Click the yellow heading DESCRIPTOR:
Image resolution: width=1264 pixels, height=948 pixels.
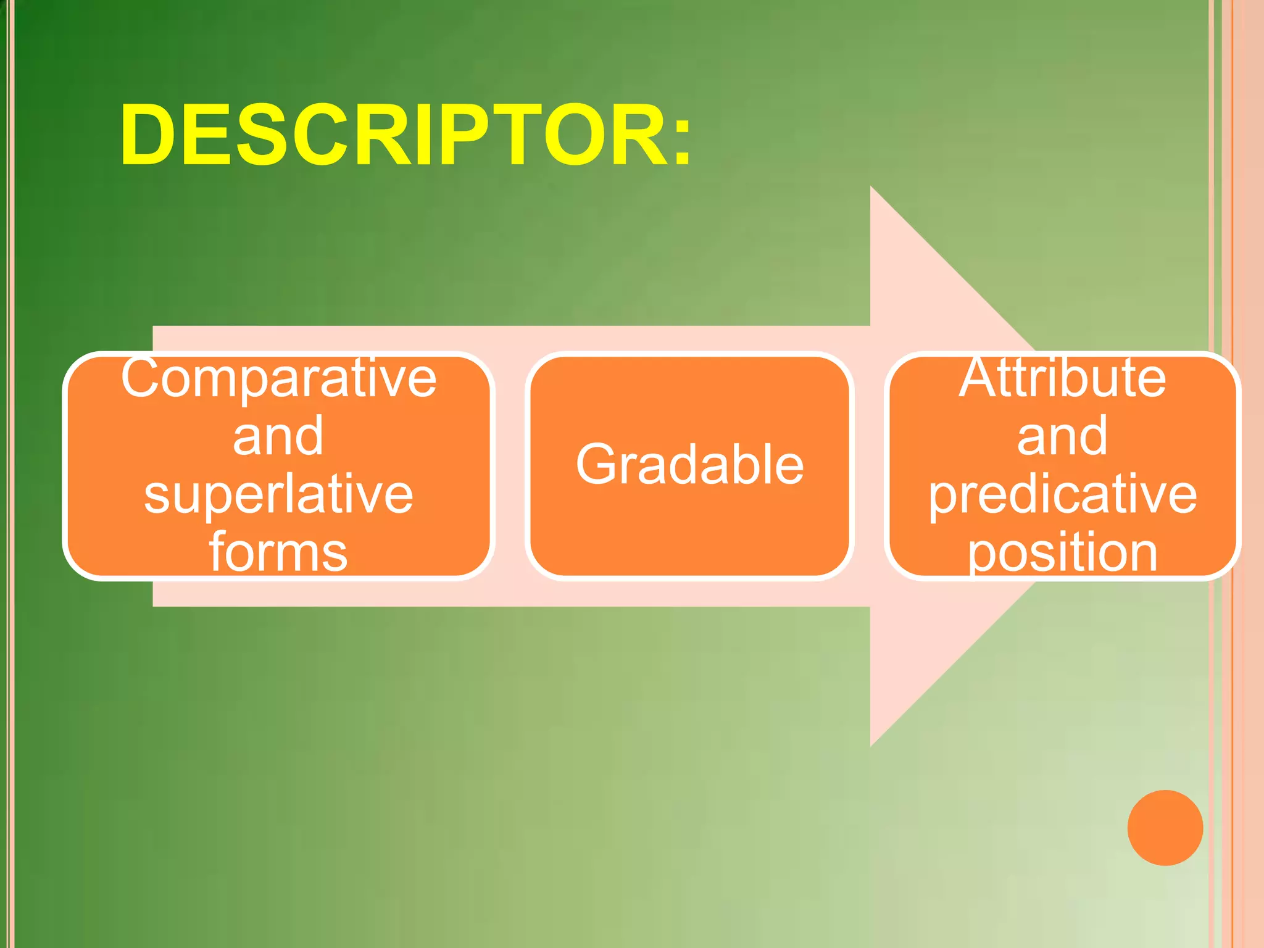(x=404, y=136)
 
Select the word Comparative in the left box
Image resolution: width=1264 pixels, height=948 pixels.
(x=278, y=378)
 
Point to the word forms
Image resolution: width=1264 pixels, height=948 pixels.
(x=278, y=552)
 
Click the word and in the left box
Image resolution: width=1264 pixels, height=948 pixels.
(x=278, y=436)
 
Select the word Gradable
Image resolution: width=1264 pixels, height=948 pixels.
(x=689, y=464)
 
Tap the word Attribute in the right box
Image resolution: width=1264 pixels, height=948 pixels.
(x=1062, y=378)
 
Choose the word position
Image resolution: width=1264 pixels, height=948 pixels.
(x=1062, y=552)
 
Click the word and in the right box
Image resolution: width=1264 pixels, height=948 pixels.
(x=1062, y=436)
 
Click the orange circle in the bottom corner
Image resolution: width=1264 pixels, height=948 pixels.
(x=1165, y=828)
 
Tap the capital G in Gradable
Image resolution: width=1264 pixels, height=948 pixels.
(x=595, y=464)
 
